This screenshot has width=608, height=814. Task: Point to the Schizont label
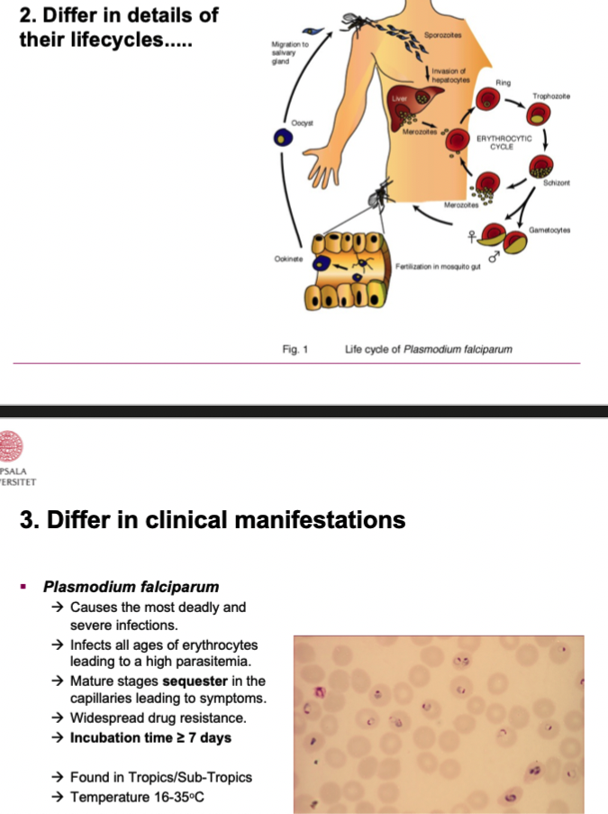click(556, 183)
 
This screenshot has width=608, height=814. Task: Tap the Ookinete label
click(288, 259)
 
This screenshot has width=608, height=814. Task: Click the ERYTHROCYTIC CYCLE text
click(505, 142)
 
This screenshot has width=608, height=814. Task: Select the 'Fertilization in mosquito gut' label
click(440, 267)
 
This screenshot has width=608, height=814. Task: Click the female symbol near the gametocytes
click(470, 237)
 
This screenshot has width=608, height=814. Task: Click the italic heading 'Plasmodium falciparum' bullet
click(132, 587)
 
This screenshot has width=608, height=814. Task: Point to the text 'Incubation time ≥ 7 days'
click(150, 737)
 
